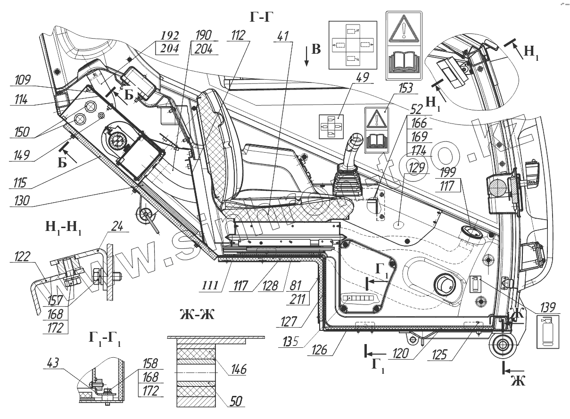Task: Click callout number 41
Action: click(283, 35)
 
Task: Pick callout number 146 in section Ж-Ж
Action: click(238, 369)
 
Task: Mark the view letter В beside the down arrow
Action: click(316, 49)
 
